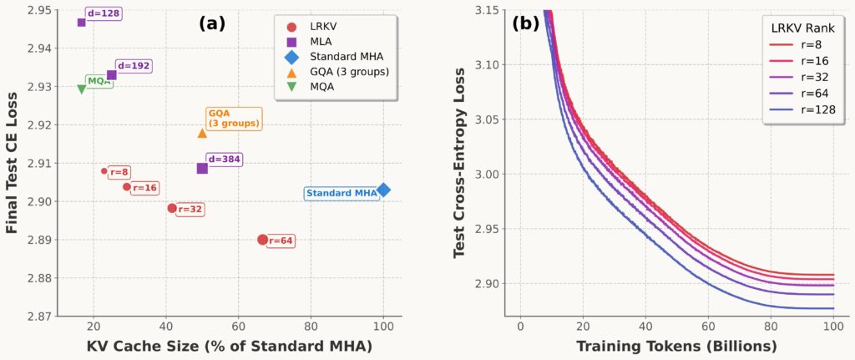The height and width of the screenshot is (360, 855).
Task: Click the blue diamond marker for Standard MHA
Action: tap(383, 190)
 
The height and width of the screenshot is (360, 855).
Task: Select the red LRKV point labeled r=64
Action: tap(262, 240)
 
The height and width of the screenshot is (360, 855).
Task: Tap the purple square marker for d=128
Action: tap(82, 22)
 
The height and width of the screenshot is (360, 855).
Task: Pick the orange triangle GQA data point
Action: tap(202, 133)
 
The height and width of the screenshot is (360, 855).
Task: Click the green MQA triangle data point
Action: tap(82, 89)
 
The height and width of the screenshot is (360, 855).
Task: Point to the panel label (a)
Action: tap(213, 23)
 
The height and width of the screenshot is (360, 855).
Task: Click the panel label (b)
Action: tap(526, 23)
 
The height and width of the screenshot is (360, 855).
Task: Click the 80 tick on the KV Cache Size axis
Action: tap(311, 325)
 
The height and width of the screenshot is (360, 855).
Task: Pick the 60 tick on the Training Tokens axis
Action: tap(709, 325)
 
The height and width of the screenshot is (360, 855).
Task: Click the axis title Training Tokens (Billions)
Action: tap(677, 345)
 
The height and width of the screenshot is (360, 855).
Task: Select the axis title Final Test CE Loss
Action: tap(12, 164)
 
